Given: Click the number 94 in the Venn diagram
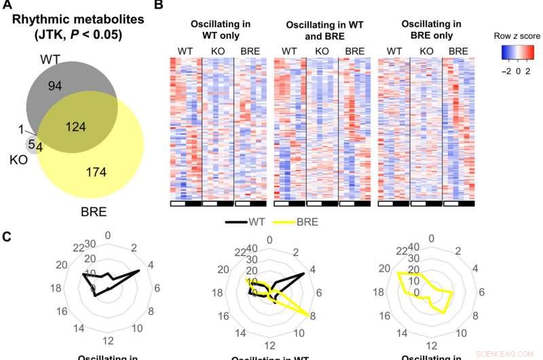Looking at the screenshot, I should (54, 84).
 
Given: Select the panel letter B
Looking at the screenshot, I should (158, 5).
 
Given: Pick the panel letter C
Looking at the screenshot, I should (6, 237).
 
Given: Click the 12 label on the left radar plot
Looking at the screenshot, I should (107, 340).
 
